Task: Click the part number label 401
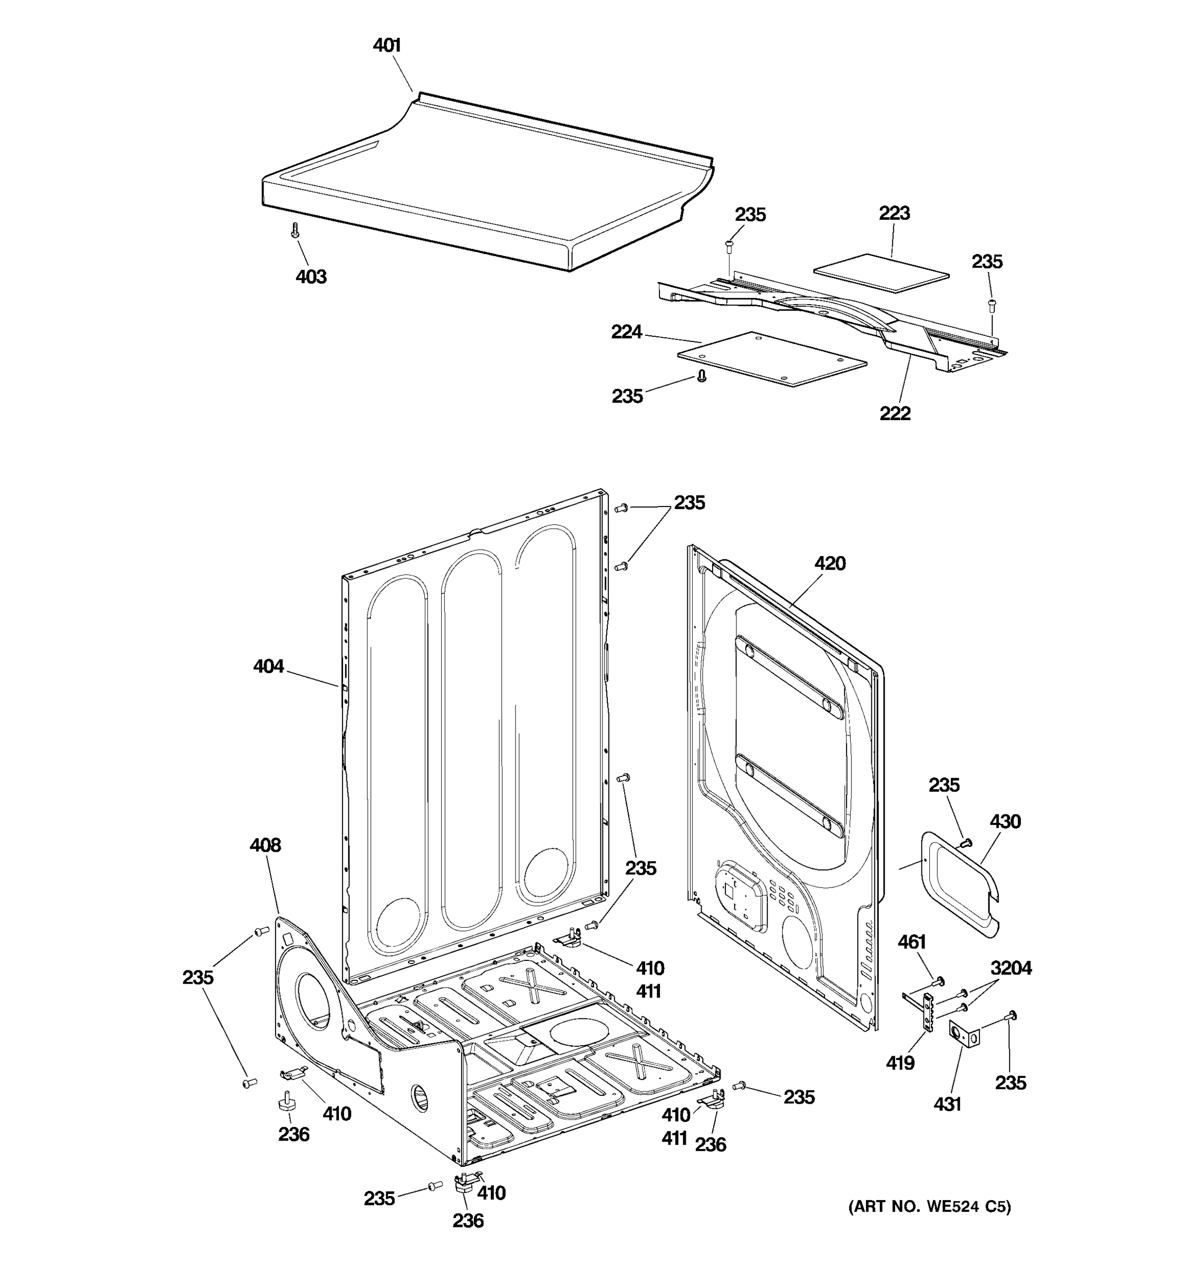point(386,45)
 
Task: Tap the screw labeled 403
point(295,230)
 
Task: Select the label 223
point(894,213)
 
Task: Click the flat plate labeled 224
point(772,358)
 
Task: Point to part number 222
point(895,414)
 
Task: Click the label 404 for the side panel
point(268,666)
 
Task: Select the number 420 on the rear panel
point(830,563)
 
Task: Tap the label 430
point(1005,822)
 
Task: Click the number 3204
point(1010,968)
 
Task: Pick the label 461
point(911,942)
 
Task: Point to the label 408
point(265,845)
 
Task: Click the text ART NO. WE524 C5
point(929,1206)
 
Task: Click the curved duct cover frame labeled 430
point(961,885)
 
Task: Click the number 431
point(946,1104)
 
